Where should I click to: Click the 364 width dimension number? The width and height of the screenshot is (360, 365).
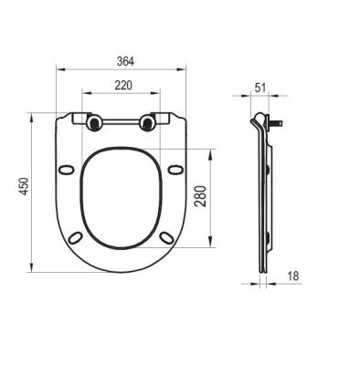[125, 61]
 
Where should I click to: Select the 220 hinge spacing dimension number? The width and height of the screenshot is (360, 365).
[123, 86]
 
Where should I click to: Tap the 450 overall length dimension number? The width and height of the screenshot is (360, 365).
[24, 186]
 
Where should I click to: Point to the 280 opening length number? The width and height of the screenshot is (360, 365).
[201, 196]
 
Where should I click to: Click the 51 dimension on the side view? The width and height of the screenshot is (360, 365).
[259, 88]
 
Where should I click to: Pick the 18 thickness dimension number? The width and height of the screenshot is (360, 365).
[293, 276]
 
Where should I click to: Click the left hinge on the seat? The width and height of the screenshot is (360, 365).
[94, 122]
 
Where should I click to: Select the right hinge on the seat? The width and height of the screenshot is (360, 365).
[147, 122]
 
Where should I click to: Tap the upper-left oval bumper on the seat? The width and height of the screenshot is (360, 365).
[66, 170]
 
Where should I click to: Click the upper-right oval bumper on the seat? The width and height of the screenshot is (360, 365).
[175, 170]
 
